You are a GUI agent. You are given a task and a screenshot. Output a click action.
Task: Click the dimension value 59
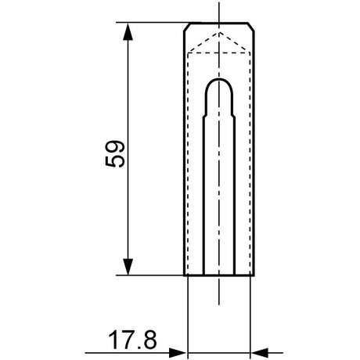coord(115,154)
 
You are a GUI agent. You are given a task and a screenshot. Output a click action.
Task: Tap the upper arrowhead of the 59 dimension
coord(128,31)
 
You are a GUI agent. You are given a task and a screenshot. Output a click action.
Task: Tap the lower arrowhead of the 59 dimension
coord(128,267)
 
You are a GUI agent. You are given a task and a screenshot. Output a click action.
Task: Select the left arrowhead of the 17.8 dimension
coord(178,353)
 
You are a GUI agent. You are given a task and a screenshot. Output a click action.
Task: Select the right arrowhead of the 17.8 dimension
coord(259,353)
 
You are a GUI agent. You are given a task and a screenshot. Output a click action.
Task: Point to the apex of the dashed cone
coord(219,32)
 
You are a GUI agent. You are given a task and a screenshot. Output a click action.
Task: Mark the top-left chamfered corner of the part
coord(186,27)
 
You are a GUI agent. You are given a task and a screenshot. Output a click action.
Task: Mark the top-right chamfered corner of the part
coord(251,27)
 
